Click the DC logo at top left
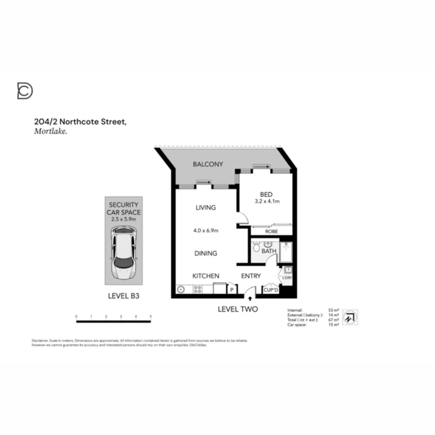point(25,91)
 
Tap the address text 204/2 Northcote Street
point(80,122)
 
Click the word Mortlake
point(50,131)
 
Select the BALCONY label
point(208,164)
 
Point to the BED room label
point(266,195)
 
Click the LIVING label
point(205,208)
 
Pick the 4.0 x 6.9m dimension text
point(205,231)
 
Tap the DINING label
point(206,253)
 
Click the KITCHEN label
point(205,276)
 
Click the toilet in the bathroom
point(256,248)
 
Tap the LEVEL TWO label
point(238,309)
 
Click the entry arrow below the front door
point(251,299)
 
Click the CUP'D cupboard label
point(271,290)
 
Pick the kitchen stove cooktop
point(198,289)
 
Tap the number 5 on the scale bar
point(151,317)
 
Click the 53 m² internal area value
point(333,310)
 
